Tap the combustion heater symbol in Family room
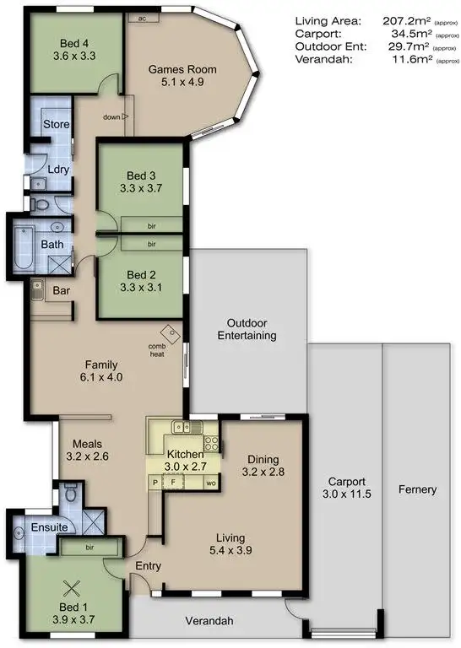click(174, 334)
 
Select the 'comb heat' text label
click(157, 349)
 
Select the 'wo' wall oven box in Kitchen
click(209, 482)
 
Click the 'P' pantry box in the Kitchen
click(155, 482)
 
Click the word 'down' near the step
click(110, 117)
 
